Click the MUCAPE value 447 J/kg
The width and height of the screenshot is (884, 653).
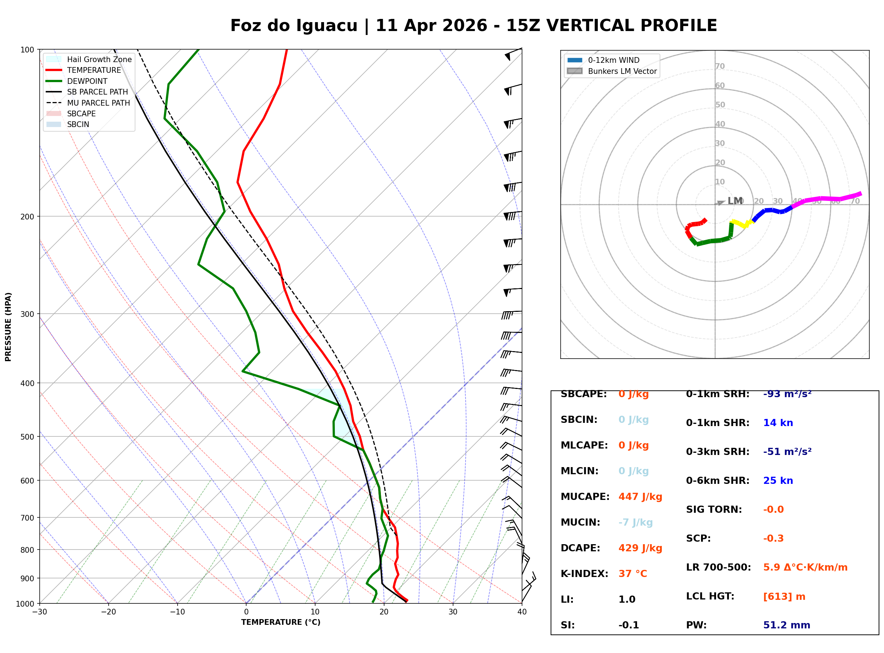coord(640,496)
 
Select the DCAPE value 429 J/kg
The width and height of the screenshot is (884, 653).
coord(640,548)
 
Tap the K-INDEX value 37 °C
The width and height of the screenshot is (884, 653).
coord(632,573)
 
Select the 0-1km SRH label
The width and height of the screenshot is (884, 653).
coord(717,394)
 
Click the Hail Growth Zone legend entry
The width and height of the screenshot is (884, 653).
coord(99,59)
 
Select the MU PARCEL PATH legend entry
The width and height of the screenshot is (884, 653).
coord(98,103)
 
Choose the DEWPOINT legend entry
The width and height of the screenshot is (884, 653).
coord(87,81)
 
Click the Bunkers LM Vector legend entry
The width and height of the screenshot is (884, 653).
coord(622,71)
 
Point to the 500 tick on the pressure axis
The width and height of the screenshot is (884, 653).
coord(27,436)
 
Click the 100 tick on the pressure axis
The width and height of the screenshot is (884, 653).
coord(27,49)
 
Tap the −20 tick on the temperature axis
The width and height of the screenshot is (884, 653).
coord(108,612)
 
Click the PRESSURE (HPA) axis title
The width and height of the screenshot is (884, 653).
coord(8,326)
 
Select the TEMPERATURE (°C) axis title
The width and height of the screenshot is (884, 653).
coord(280,622)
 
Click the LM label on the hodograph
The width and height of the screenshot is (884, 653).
coord(734,201)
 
